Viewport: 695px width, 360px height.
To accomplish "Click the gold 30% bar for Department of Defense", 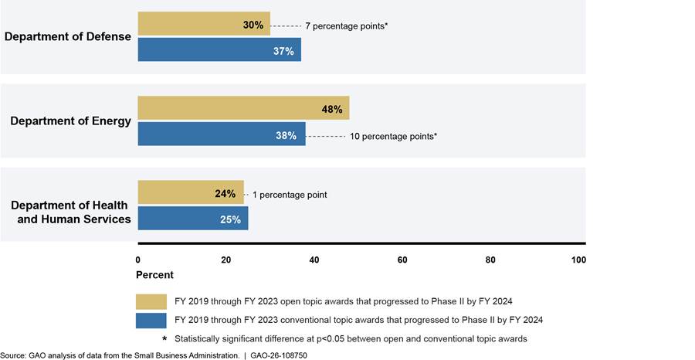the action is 204,23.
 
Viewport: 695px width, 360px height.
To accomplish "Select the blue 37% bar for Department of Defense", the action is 219,49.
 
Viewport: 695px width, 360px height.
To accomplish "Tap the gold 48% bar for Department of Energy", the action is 243,107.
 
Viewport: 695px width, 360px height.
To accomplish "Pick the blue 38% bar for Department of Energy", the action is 222,134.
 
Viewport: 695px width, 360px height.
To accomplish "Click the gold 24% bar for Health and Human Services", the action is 191,192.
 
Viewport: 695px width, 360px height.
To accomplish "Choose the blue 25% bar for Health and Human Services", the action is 193,218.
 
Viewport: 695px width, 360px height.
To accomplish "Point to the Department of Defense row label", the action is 68,36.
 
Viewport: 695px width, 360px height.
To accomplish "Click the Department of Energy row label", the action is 71,121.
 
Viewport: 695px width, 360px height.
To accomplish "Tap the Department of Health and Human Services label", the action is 71,212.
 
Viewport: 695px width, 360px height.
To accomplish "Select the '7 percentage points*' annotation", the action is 347,26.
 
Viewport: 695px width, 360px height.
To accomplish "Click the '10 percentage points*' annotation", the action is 394,137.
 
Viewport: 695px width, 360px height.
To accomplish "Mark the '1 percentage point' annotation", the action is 290,195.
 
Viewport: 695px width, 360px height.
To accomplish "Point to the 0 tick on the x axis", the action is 138,260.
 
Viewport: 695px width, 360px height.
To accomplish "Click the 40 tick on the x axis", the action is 314,260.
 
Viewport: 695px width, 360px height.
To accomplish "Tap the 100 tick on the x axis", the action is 578,260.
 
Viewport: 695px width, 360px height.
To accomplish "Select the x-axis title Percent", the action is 154,275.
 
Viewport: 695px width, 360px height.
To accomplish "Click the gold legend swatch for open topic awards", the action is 151,301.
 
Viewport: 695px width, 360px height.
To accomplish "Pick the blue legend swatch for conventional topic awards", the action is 151,321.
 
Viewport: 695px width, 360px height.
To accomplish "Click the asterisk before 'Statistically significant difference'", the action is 164,338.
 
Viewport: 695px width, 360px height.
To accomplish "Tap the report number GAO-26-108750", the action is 278,355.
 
